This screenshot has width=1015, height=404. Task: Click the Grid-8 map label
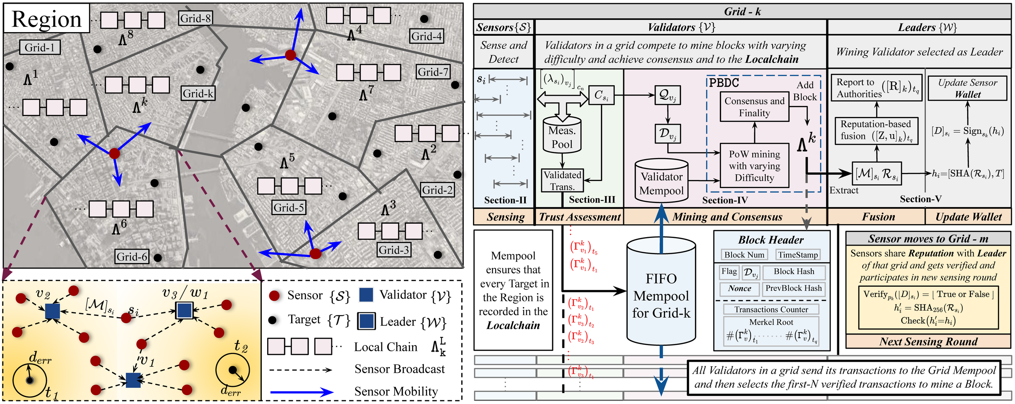point(195,18)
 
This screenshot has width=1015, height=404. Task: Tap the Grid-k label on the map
point(198,93)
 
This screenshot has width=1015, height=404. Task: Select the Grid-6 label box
point(132,257)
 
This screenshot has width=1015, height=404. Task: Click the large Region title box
point(47,19)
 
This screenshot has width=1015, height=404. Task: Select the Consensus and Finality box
point(754,107)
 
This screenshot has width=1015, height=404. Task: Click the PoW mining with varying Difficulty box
point(754,166)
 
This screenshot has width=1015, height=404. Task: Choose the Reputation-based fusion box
point(876,130)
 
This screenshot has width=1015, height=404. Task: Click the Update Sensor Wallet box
point(967,88)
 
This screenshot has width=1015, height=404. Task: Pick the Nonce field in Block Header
point(739,288)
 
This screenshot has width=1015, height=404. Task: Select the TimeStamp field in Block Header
point(798,255)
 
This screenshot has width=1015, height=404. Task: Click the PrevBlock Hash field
point(793,288)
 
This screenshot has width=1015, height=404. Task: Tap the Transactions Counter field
point(771,309)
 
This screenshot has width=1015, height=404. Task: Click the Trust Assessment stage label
point(579,217)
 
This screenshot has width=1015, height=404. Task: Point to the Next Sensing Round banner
point(928,341)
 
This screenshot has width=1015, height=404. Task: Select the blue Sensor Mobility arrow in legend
point(301,392)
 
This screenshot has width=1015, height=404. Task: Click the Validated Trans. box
point(562,181)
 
